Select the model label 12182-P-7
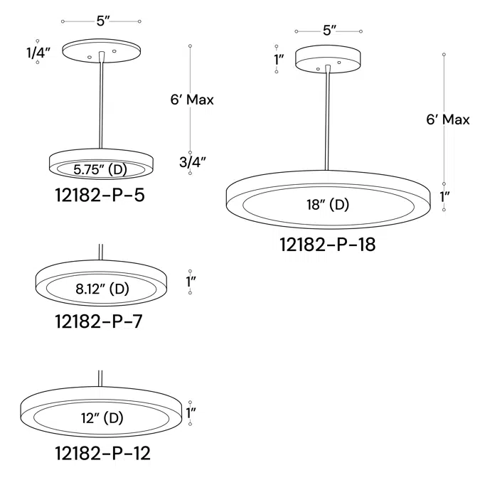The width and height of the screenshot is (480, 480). click(x=98, y=321)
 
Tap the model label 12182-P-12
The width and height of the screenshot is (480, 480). click(x=102, y=452)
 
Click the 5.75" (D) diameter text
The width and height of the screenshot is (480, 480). click(x=100, y=169)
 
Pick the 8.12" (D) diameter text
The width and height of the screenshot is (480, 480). click(x=102, y=289)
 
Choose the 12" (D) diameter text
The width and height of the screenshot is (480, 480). click(x=102, y=418)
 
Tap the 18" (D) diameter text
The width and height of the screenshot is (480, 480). click(x=328, y=206)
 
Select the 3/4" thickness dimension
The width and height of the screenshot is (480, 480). click(x=193, y=162)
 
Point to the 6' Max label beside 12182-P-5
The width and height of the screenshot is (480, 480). click(x=192, y=100)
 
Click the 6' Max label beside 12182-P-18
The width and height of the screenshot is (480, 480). click(x=448, y=119)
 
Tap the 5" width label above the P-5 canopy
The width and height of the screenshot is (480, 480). click(x=102, y=21)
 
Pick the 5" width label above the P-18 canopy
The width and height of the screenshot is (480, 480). click(x=329, y=30)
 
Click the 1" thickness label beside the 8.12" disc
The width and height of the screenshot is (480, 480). click(x=191, y=282)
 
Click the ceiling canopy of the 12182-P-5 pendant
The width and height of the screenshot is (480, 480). click(x=102, y=50)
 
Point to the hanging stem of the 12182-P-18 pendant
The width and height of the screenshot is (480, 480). click(x=329, y=121)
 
